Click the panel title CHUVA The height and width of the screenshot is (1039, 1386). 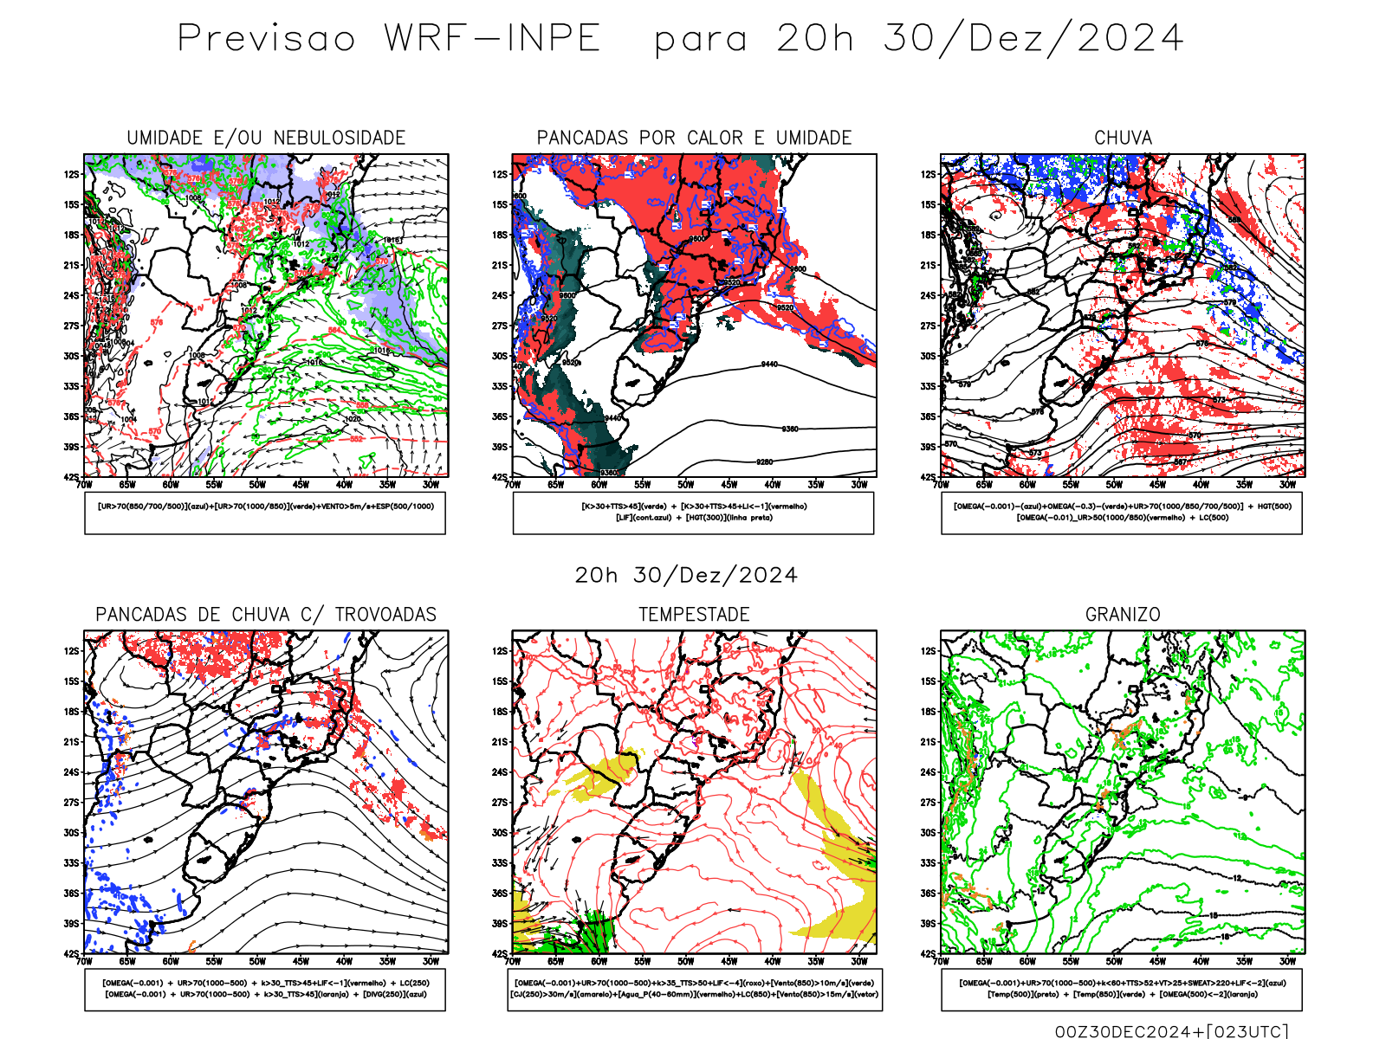(x=1123, y=138)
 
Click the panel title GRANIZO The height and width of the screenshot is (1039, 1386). (x=1123, y=615)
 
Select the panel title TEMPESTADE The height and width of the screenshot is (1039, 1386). (x=694, y=615)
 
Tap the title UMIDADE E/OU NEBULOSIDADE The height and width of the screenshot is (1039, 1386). (x=266, y=138)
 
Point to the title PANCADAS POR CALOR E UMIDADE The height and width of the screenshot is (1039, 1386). (x=694, y=138)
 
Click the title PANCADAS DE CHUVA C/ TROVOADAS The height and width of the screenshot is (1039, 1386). (x=266, y=615)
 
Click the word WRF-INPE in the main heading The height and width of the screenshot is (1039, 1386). (x=492, y=39)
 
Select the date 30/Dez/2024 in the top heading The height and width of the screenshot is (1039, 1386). (x=1033, y=39)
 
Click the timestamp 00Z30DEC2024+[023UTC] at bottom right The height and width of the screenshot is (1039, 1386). (x=1171, y=1031)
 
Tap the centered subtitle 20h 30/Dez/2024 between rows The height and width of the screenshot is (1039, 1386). (x=686, y=576)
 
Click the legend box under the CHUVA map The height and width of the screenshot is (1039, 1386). (x=1122, y=513)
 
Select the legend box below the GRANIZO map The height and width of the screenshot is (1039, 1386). (x=1122, y=989)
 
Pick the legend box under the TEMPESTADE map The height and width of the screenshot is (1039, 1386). (x=694, y=989)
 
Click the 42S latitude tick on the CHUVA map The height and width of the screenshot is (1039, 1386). (x=929, y=477)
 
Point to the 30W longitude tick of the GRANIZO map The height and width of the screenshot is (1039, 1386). (x=1287, y=961)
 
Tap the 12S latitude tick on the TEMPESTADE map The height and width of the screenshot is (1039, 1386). (x=500, y=651)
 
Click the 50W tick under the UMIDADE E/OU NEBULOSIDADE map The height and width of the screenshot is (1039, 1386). (x=257, y=485)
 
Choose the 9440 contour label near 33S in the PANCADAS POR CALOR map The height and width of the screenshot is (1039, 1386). (x=768, y=365)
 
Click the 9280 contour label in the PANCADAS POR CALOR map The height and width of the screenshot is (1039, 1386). (x=764, y=462)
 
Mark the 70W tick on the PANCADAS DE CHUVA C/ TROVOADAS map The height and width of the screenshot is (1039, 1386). (x=84, y=961)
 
